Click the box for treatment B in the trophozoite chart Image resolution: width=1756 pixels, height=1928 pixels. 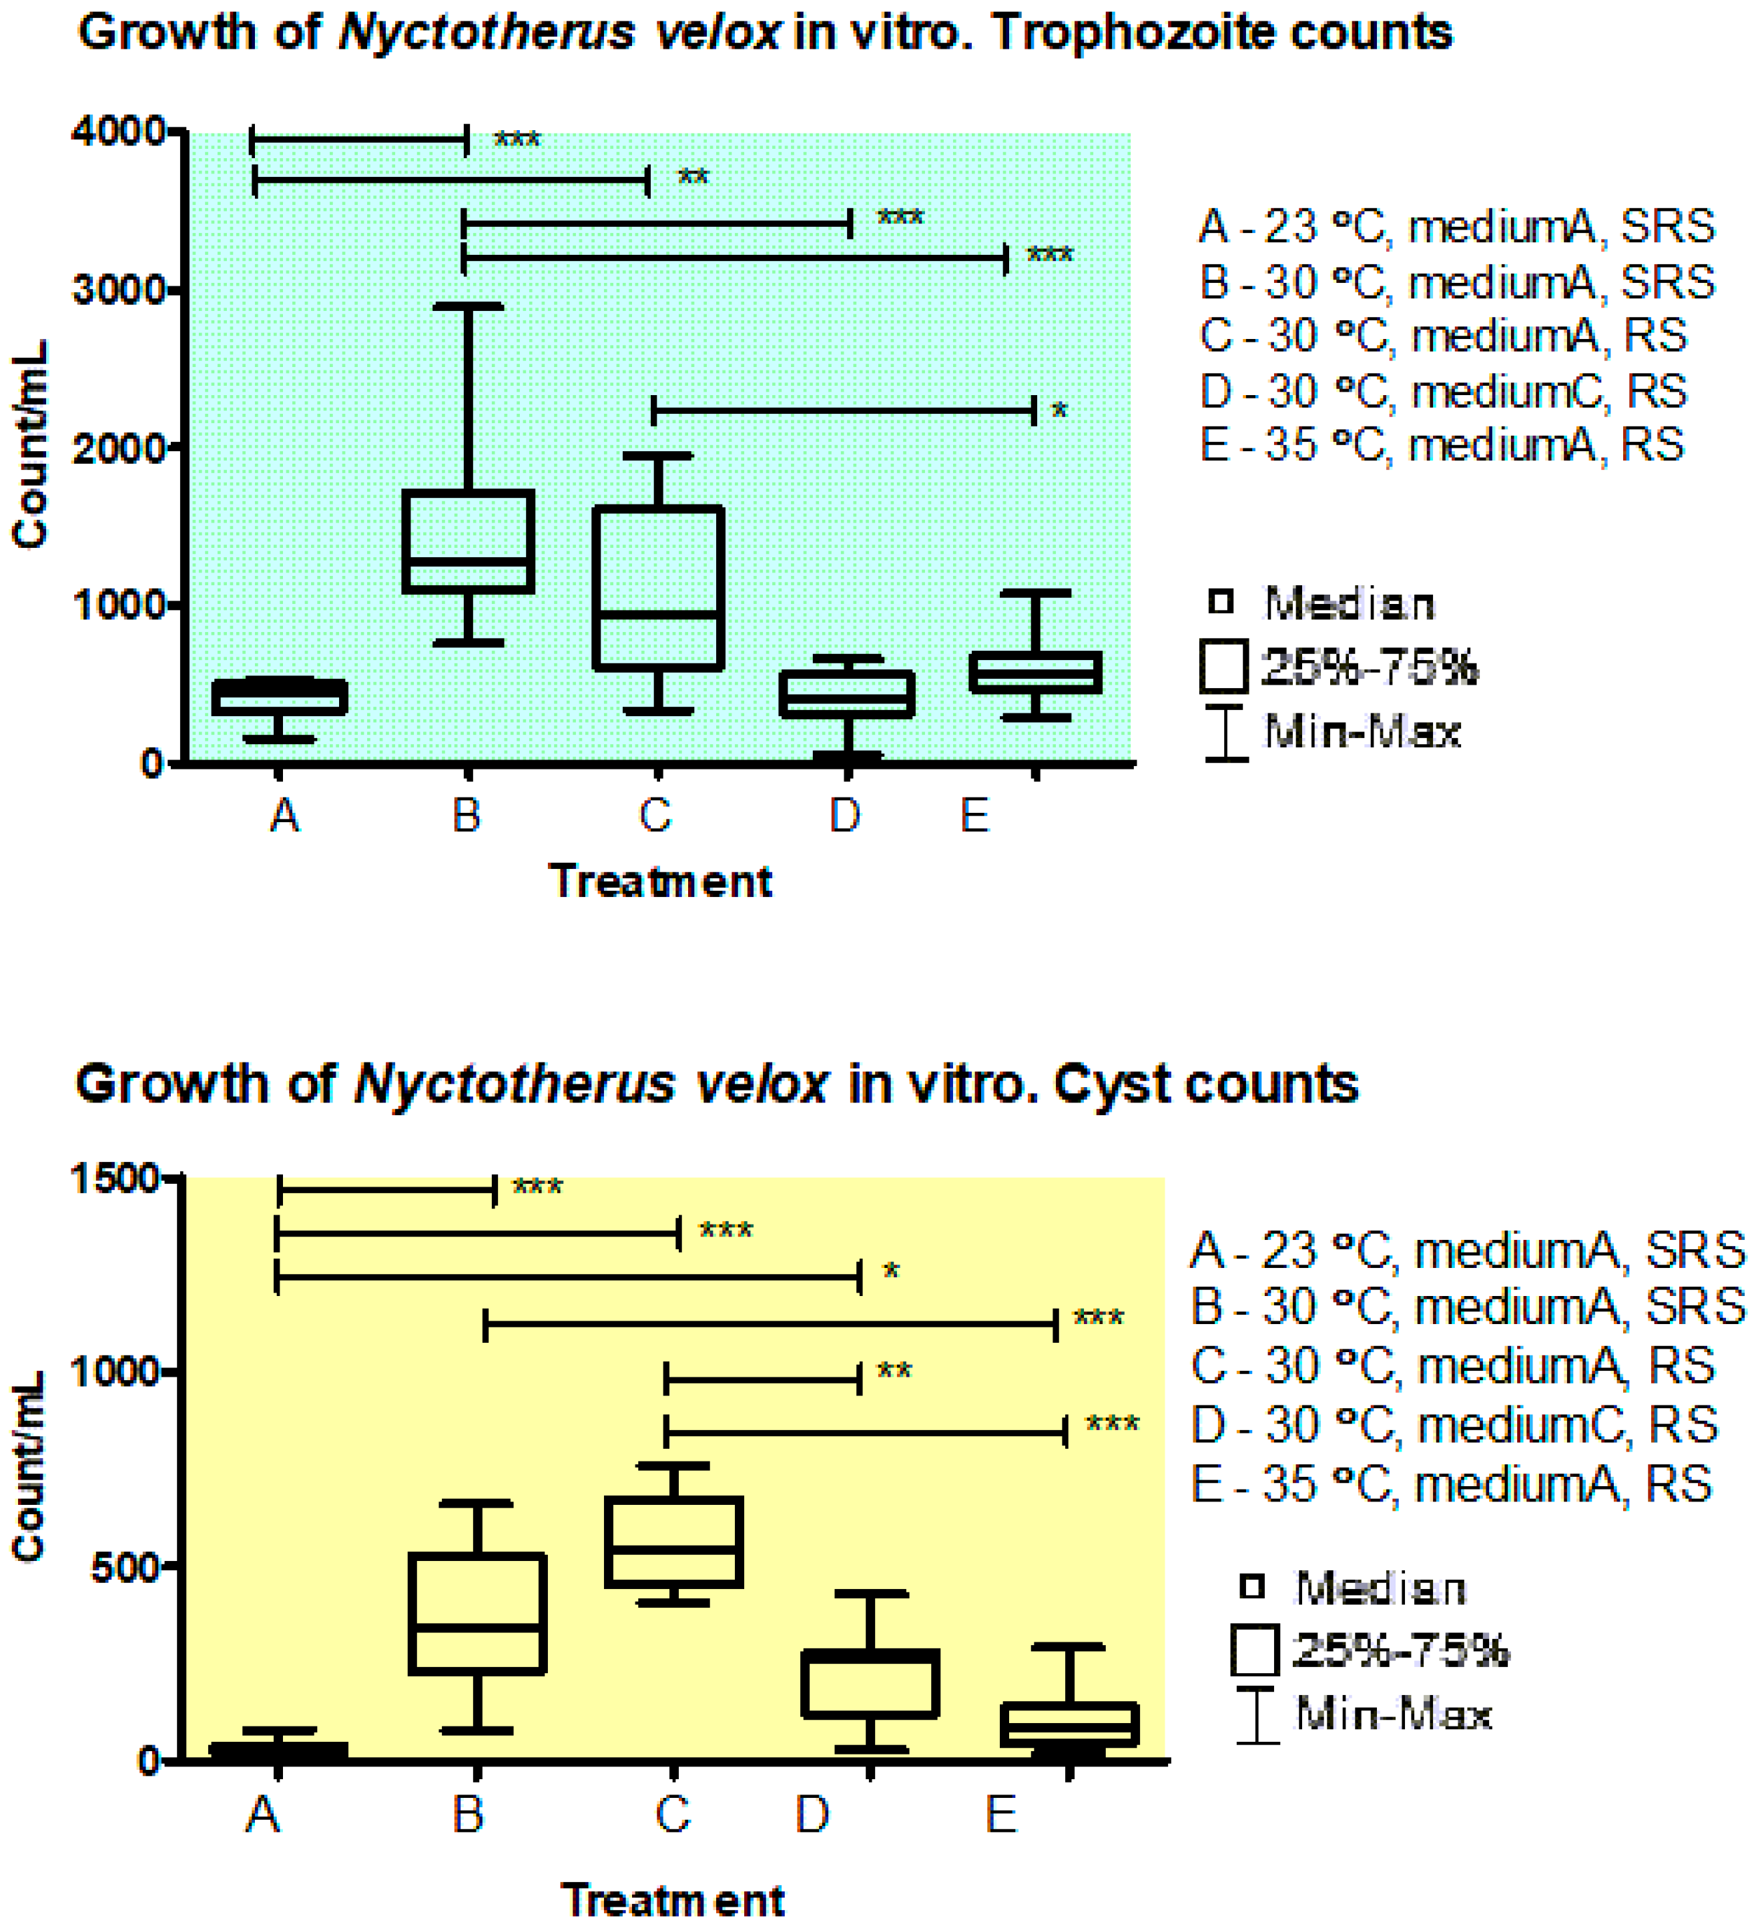tap(468, 541)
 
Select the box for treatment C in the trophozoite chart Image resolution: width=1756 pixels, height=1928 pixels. tap(658, 587)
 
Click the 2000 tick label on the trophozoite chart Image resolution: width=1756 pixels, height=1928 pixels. tap(119, 448)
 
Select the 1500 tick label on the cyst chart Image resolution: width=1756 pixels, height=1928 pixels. tap(115, 1179)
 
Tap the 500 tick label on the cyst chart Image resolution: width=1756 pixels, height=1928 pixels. tap(124, 1568)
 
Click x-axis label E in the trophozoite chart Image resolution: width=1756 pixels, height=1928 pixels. tap(974, 816)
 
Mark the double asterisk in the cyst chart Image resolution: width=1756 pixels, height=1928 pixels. tap(894, 1372)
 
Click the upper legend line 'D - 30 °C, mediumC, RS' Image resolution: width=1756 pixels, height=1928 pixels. tap(1443, 391)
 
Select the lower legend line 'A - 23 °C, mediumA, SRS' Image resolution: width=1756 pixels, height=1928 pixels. tap(1467, 1251)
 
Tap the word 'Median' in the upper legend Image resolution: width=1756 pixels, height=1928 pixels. tap(1350, 603)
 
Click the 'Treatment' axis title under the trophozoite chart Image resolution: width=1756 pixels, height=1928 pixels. tap(660, 881)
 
